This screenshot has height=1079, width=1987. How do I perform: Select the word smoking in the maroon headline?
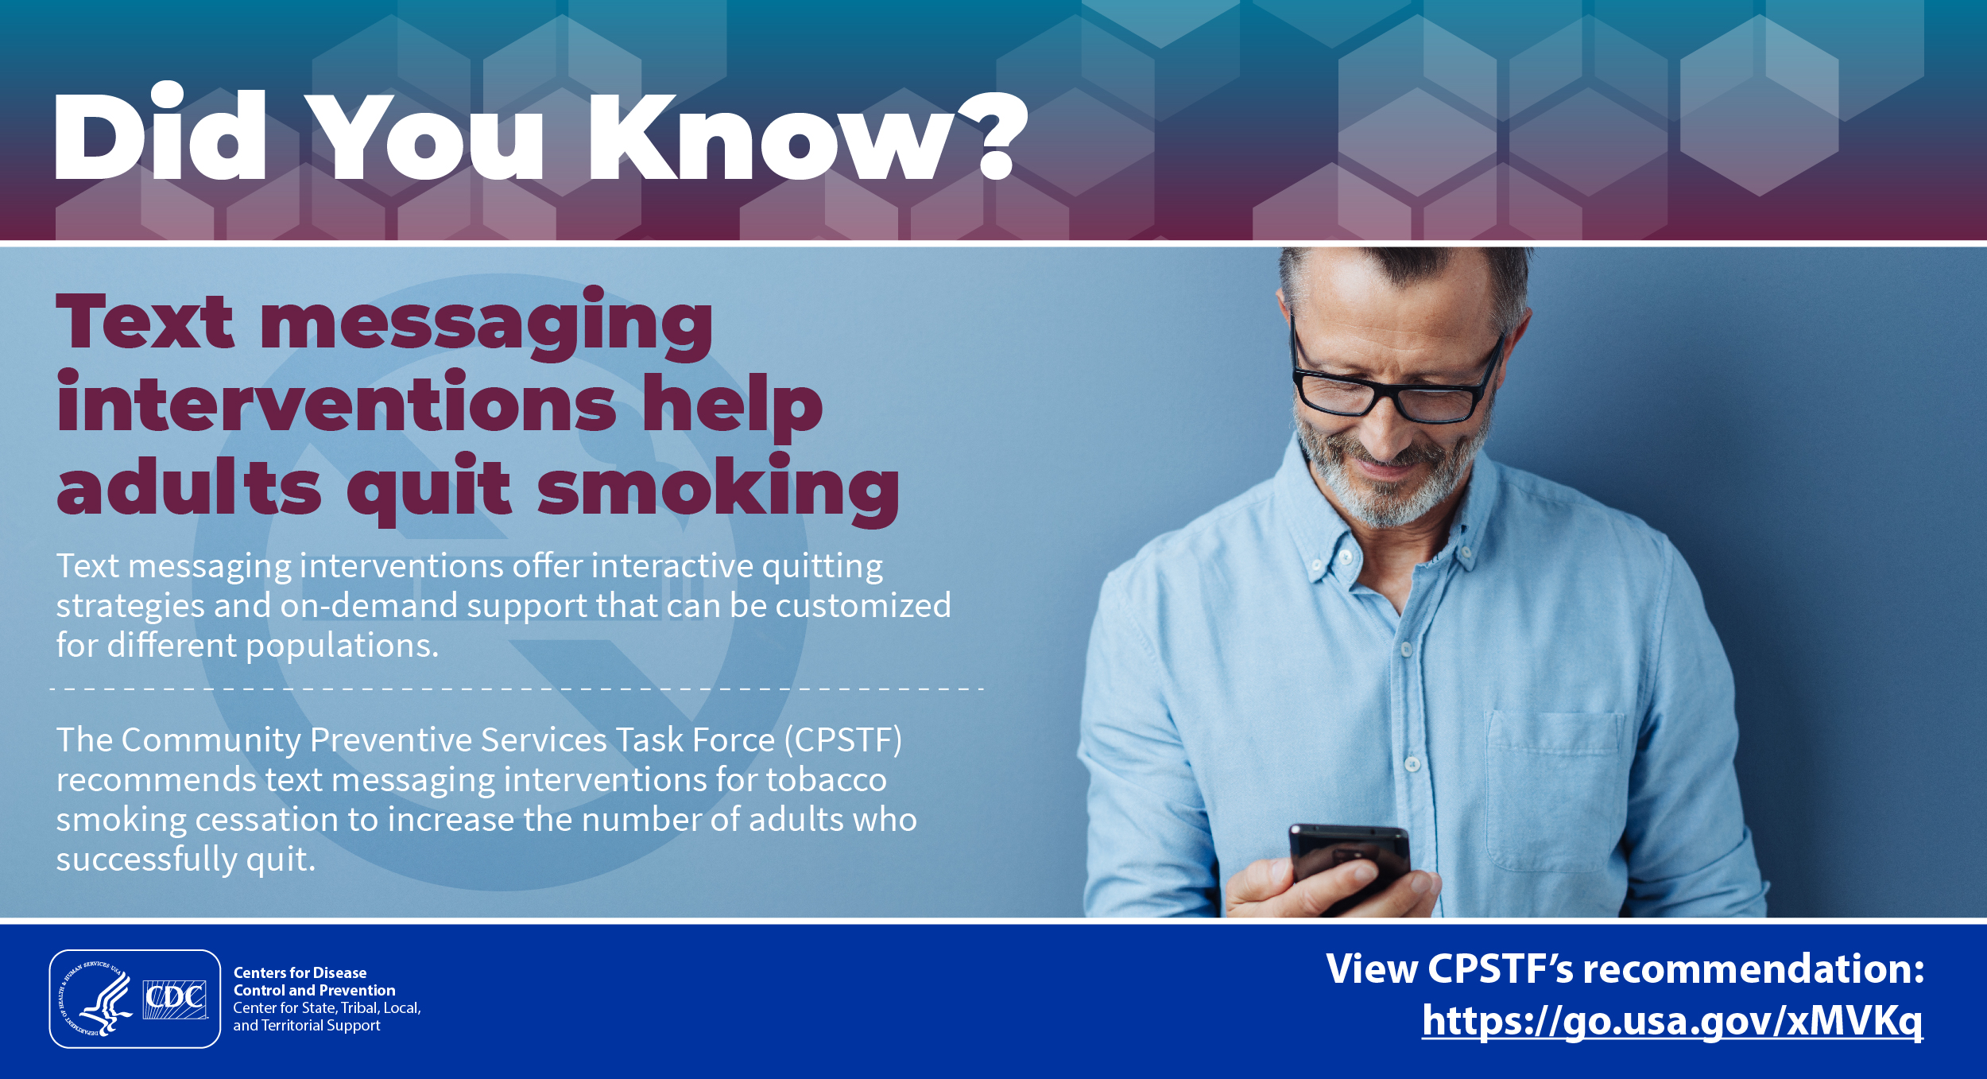pos(718,490)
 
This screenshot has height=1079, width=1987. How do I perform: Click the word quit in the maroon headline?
pos(429,490)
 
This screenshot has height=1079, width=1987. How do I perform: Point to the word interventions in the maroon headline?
pos(336,404)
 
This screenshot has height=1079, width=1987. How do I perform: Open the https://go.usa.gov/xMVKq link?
pos(1672,1021)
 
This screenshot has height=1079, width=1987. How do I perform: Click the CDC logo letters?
pos(175,999)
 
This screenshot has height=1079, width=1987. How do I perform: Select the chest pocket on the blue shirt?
pos(1554,791)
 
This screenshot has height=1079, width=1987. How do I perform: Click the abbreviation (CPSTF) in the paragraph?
pos(843,740)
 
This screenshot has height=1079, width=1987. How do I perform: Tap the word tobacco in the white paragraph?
pos(826,779)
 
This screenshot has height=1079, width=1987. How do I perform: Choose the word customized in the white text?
pos(863,605)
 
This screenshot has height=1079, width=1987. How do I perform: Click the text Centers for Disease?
pos(300,972)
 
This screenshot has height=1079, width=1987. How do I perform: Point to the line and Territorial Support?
pos(307,1026)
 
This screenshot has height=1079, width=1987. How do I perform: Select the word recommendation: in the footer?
pos(1753,969)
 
